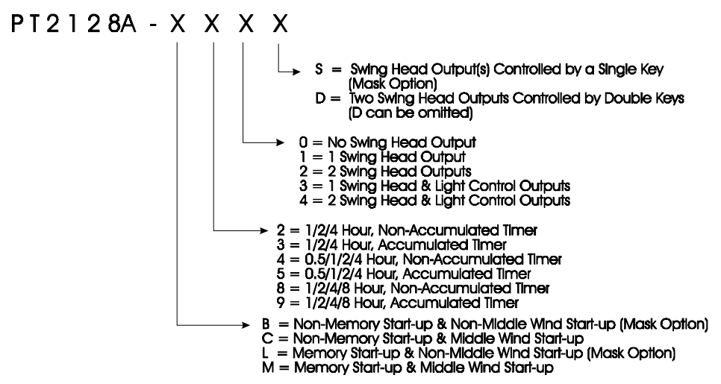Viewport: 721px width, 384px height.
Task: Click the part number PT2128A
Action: click(74, 24)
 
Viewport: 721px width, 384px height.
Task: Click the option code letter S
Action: click(319, 69)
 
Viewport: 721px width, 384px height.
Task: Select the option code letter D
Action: click(320, 98)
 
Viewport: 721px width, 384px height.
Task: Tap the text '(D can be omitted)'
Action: click(411, 113)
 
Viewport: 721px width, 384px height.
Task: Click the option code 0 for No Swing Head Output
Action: click(302, 142)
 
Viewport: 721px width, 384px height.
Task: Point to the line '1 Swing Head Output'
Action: click(402, 157)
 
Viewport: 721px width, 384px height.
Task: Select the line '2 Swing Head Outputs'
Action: click(405, 171)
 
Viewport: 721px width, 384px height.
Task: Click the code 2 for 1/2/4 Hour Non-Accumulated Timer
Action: click(281, 230)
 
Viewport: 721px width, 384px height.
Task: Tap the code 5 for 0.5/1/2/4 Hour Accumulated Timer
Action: click(281, 274)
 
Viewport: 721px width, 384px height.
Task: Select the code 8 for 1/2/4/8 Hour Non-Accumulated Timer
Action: click(281, 289)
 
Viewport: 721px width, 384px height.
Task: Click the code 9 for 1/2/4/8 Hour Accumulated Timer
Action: click(281, 303)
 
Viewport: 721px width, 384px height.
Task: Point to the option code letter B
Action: click(266, 324)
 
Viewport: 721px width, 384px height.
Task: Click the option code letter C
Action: click(267, 339)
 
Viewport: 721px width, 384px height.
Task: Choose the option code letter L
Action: click(265, 353)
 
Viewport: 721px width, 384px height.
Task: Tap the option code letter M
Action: click(268, 368)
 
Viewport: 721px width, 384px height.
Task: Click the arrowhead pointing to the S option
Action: click(296, 72)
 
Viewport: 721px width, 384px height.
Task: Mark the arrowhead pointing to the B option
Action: click(245, 325)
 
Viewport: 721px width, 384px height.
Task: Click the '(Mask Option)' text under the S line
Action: click(393, 84)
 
